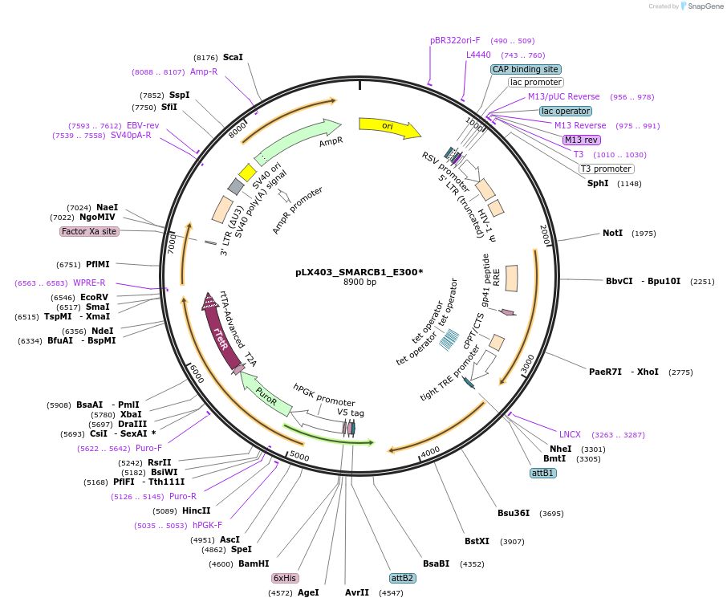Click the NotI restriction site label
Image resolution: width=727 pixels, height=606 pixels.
tap(612, 234)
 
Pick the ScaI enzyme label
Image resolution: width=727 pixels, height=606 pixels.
tap(233, 57)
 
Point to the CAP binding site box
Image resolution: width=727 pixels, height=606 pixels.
tap(526, 69)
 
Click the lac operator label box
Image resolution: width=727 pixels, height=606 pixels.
tap(566, 111)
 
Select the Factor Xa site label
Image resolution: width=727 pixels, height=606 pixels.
tap(89, 231)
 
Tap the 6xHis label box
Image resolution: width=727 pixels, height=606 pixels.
tap(286, 578)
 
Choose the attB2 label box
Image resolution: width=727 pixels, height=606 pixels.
tap(402, 578)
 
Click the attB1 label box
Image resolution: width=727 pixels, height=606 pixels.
tap(543, 474)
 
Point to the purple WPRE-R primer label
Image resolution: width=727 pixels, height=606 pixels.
tap(89, 283)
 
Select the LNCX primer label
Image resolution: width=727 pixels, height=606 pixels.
tap(570, 434)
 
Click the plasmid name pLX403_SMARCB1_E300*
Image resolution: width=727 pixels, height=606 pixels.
tap(359, 272)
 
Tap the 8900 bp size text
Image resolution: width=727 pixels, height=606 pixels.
tap(359, 283)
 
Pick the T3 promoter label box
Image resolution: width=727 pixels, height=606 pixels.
tap(606, 169)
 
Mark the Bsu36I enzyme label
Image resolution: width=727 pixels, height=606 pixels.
tap(514, 513)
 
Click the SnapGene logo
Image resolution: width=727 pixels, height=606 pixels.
tap(698, 6)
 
